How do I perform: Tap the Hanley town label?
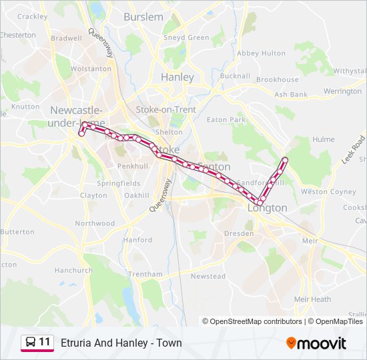pyautogui.click(x=177, y=77)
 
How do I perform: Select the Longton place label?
pyautogui.click(x=268, y=208)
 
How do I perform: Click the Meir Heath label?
pyautogui.click(x=312, y=299)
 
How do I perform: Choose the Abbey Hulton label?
pyautogui.click(x=261, y=53)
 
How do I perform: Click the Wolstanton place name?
pyautogui.click(x=91, y=69)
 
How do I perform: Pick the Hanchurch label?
pyautogui.click(x=73, y=271)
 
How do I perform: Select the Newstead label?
pyautogui.click(x=208, y=276)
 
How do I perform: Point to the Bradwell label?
pyautogui.click(x=66, y=39)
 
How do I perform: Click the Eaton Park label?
pyautogui.click(x=226, y=120)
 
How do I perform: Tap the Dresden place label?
pyautogui.click(x=238, y=234)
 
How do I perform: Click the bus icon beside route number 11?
pyautogui.click(x=30, y=343)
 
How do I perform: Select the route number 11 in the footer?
pyautogui.click(x=45, y=342)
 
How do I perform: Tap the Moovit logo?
pyautogui.click(x=316, y=343)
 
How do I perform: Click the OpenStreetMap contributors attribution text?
pyautogui.click(x=253, y=321)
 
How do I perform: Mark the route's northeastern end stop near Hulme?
pyautogui.click(x=285, y=160)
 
